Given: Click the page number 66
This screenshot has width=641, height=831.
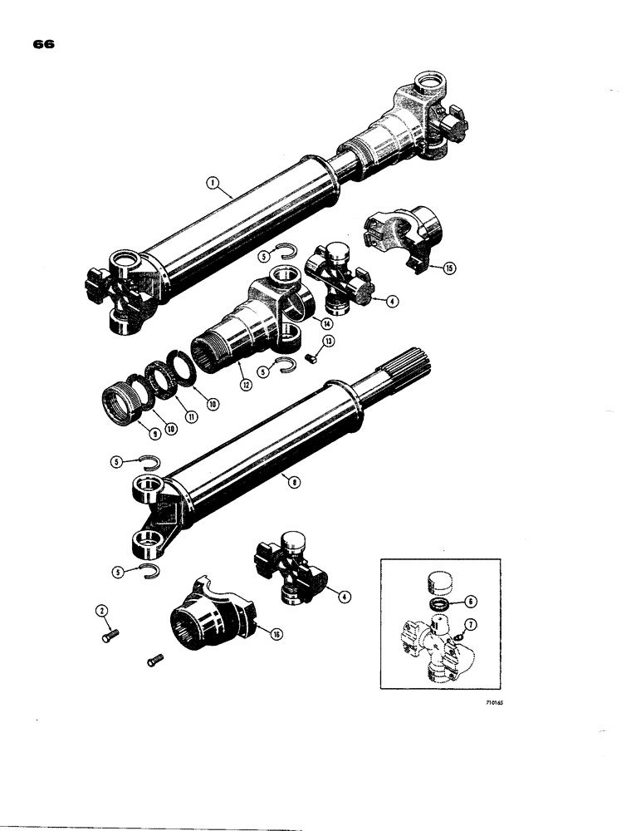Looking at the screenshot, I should [44, 46].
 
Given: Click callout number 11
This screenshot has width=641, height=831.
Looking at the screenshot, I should [192, 417].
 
